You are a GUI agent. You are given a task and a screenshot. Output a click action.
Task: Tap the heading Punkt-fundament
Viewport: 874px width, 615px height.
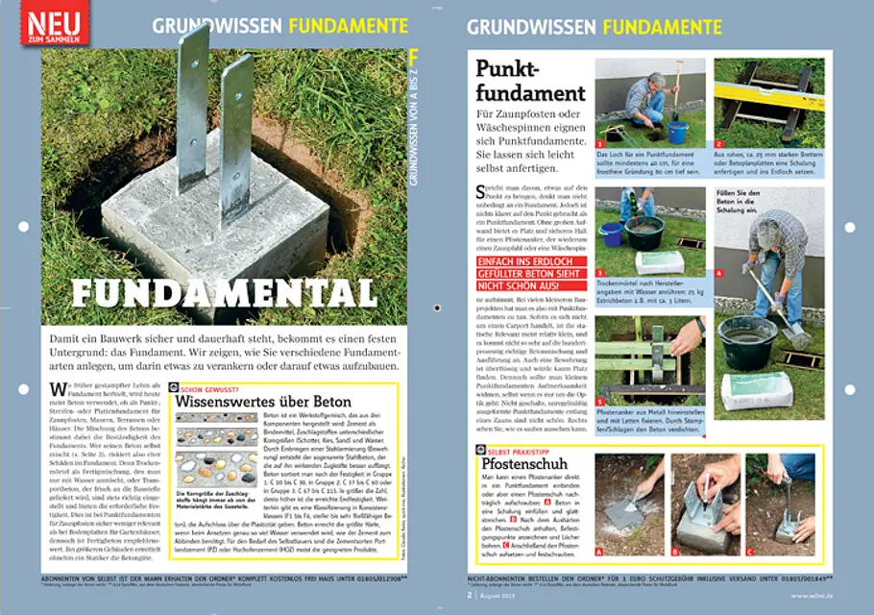click(x=529, y=81)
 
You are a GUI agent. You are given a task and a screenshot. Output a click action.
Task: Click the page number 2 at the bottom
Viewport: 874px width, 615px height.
click(x=471, y=595)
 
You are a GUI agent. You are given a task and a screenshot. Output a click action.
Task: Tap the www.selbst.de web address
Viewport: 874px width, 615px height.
click(x=813, y=595)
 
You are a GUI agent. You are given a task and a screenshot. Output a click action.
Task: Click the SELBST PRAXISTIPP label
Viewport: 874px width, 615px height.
click(x=522, y=450)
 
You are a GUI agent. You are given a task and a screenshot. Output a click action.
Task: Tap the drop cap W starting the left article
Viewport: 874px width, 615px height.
click(x=53, y=389)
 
